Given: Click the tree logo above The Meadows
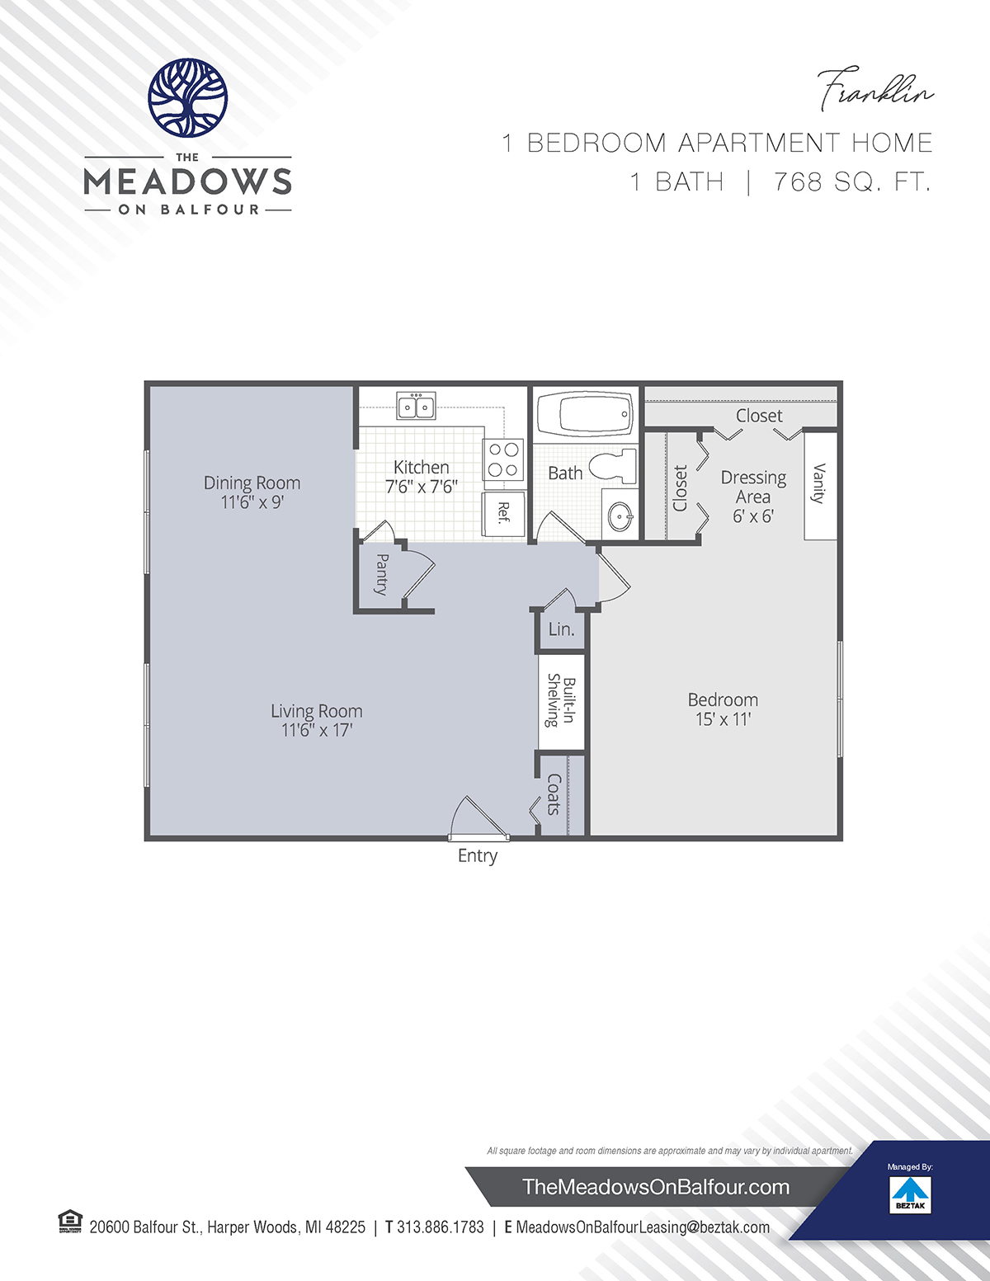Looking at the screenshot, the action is [187, 98].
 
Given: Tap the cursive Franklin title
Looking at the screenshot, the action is [875, 90].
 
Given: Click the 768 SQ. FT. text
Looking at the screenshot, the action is [852, 181].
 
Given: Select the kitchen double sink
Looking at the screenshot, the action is [416, 405].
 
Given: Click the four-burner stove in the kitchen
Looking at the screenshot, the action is [503, 459].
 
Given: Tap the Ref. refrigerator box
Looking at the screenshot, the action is [503, 513].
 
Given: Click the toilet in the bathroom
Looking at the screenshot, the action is [613, 466].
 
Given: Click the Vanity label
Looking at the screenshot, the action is [819, 483].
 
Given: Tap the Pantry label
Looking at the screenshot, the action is [381, 574].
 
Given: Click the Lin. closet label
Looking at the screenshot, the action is [561, 629].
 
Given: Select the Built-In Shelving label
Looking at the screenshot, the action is [561, 701].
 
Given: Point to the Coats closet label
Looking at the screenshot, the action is [554, 794].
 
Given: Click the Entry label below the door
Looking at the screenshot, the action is [478, 856].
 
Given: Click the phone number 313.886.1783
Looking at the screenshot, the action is [441, 1227].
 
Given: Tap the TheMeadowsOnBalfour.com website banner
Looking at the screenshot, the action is [656, 1187].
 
